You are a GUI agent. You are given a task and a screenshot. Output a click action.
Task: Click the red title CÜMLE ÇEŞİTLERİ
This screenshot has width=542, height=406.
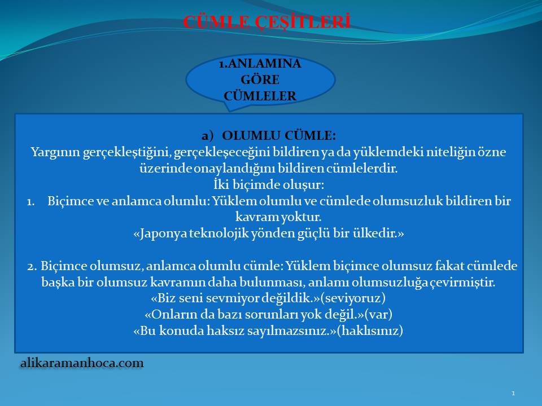coord(266,22)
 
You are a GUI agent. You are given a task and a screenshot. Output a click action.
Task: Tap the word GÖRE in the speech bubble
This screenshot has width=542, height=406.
coord(260,80)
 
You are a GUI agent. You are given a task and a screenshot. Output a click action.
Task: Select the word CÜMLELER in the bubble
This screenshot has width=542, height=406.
coord(260,96)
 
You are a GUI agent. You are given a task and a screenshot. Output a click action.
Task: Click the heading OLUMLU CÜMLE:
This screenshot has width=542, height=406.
coord(278,135)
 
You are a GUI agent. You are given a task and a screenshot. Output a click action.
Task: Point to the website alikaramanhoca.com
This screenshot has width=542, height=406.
coord(82,363)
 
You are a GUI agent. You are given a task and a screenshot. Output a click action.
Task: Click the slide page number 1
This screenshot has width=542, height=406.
coord(513,393)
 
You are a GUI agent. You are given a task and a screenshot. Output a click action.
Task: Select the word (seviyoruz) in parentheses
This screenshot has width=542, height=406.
coord(353,298)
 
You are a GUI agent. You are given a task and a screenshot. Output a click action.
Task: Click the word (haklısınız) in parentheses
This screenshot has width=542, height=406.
coord(370,330)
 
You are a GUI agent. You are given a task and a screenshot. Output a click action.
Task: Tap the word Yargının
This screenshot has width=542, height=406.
coord(55,152)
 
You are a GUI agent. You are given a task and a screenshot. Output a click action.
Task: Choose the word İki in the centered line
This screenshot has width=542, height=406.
coord(221,184)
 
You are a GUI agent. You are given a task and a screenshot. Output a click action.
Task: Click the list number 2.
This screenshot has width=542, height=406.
coord(32,267)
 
